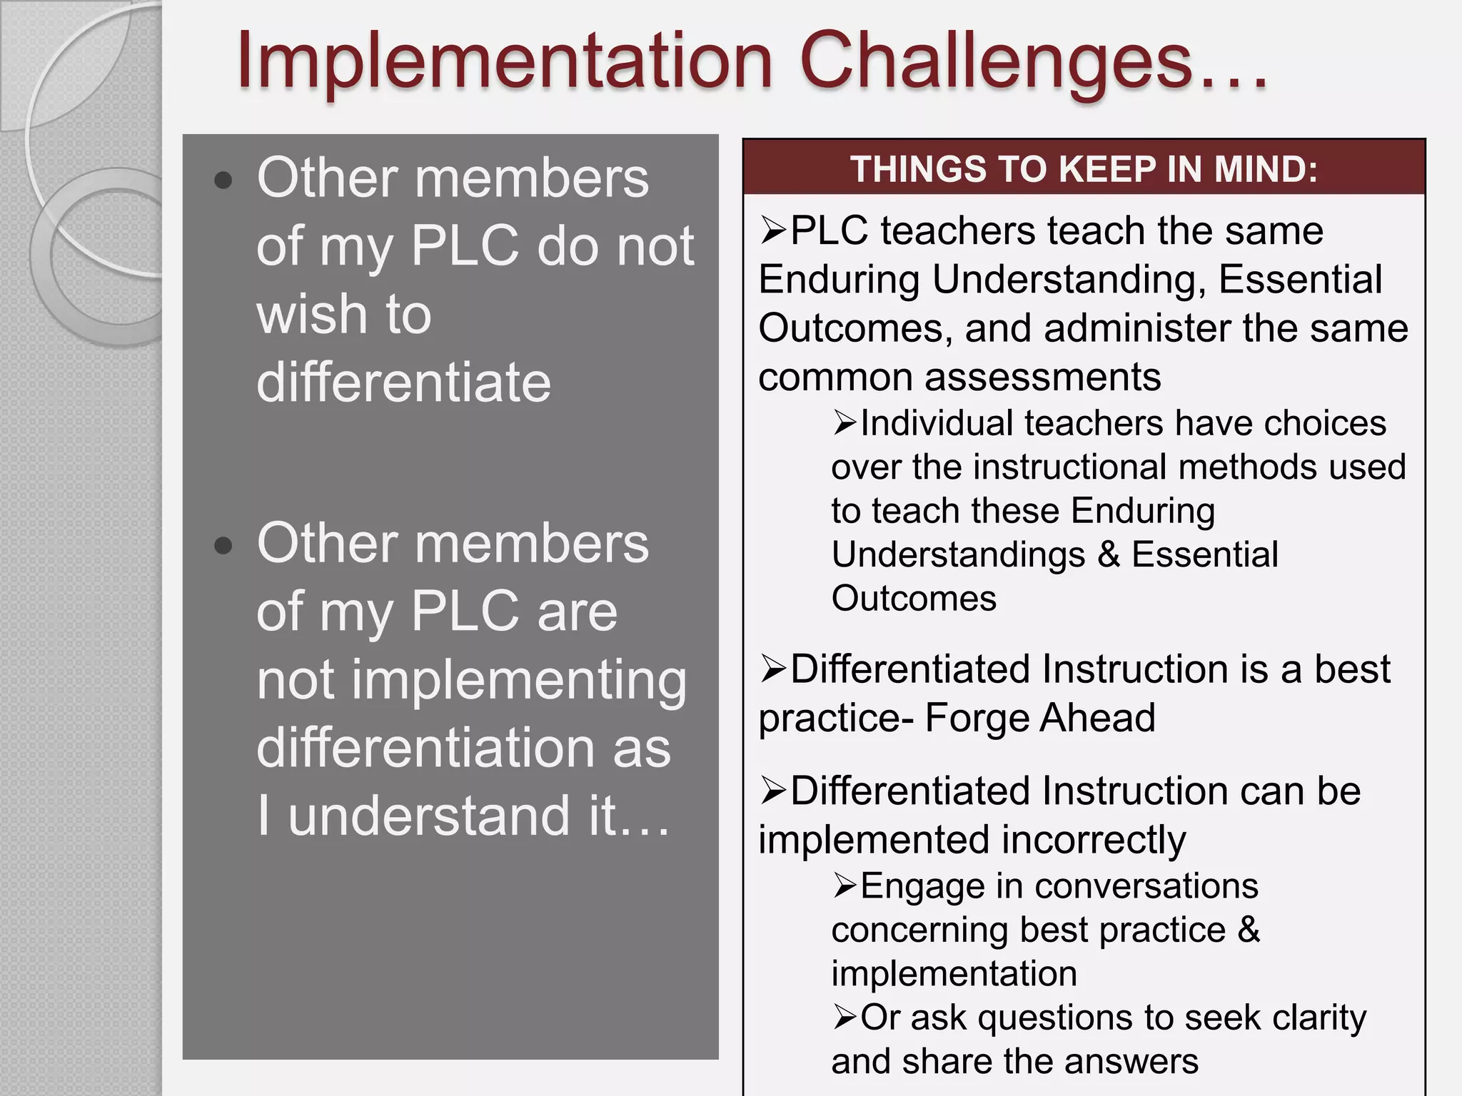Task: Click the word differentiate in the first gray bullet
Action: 403,382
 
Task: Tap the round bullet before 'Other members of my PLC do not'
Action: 223,181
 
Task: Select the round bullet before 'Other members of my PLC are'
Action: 223,546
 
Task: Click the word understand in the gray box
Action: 429,816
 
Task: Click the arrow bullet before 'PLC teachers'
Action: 772,230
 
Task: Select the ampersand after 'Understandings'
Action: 1109,554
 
